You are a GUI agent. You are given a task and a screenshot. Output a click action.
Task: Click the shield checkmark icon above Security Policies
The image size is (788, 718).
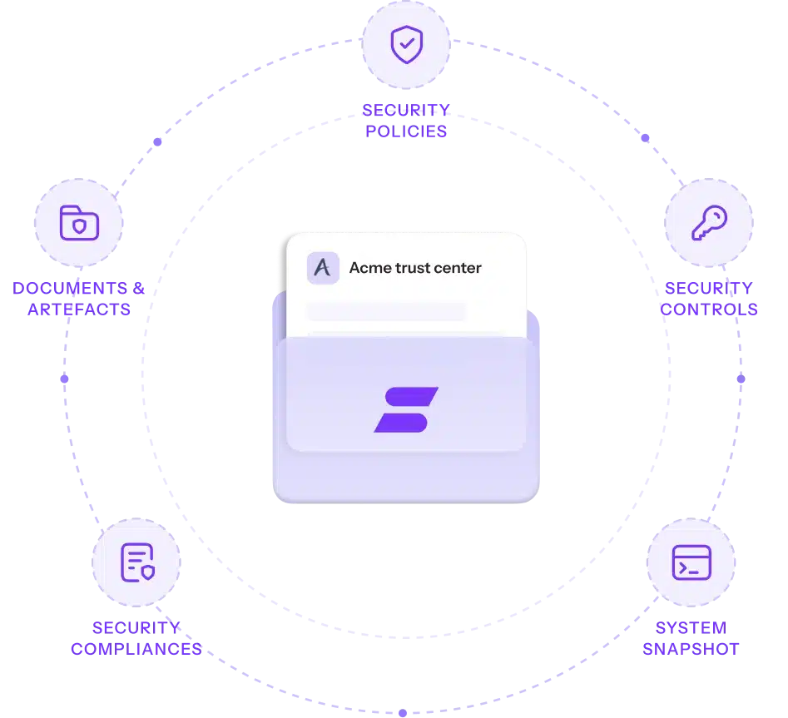point(407,44)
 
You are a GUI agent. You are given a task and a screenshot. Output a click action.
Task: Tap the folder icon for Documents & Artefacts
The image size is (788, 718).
point(79,223)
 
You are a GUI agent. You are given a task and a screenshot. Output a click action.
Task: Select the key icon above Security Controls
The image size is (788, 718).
point(709,223)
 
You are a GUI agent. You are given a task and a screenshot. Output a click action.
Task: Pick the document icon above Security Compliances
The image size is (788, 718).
point(137,562)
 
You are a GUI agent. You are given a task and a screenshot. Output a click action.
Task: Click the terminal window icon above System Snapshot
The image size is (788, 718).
point(691,562)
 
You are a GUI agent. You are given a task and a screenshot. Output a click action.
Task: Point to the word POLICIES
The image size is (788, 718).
point(406,131)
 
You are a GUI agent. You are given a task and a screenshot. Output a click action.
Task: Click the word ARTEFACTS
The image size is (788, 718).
point(79,309)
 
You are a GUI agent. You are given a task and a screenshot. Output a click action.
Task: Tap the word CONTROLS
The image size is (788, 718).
point(709,309)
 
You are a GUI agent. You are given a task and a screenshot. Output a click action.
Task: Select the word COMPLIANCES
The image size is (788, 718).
point(136,649)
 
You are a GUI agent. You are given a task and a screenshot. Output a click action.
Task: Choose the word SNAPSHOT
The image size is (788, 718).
point(691,649)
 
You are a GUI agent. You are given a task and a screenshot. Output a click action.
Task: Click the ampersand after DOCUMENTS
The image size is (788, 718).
point(139,288)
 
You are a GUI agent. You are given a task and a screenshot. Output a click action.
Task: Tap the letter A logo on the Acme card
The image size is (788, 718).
point(323,268)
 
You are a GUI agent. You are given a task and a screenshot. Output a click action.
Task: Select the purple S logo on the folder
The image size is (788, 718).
point(406,409)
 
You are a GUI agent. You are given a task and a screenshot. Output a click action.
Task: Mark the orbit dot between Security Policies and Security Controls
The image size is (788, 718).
point(645,137)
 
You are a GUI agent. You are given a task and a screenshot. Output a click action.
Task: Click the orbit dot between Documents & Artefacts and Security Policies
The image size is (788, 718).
point(157,141)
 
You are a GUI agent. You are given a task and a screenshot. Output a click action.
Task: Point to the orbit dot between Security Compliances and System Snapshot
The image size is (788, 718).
point(403,713)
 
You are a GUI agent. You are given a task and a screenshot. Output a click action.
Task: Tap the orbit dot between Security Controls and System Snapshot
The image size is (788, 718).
point(741,379)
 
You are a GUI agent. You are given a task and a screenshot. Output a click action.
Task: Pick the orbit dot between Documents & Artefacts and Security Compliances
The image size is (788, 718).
point(64,379)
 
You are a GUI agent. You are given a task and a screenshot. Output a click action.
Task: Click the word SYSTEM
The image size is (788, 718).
point(691,627)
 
